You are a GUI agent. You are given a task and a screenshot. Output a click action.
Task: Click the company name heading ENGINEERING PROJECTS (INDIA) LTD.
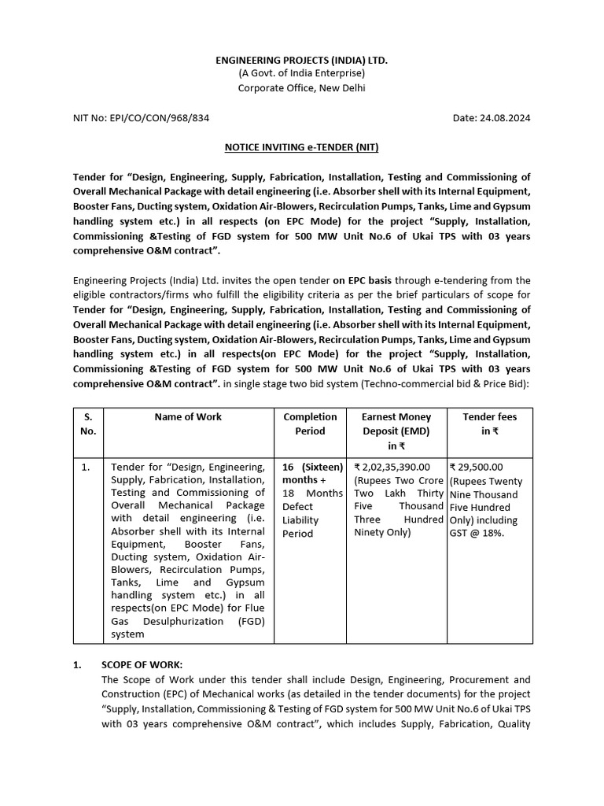pyautogui.click(x=302, y=60)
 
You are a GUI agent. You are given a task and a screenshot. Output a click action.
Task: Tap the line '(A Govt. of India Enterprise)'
pyautogui.click(x=302, y=74)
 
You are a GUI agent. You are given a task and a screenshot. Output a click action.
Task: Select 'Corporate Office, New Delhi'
pyautogui.click(x=302, y=88)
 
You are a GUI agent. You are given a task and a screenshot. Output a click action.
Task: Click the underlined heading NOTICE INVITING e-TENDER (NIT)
pyautogui.click(x=302, y=147)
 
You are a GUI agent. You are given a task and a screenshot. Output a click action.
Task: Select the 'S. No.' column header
pyautogui.click(x=88, y=423)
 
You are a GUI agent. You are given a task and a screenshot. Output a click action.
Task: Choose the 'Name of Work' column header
pyautogui.click(x=188, y=417)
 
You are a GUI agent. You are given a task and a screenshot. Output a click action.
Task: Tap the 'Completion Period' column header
pyautogui.click(x=310, y=423)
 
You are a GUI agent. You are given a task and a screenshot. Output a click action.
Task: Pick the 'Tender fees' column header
pyautogui.click(x=489, y=423)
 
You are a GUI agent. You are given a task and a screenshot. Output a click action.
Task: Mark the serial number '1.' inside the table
pyautogui.click(x=87, y=467)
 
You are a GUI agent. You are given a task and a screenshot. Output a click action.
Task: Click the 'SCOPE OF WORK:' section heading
pyautogui.click(x=142, y=664)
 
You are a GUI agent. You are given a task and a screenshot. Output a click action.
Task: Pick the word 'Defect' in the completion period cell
pyautogui.click(x=298, y=507)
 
